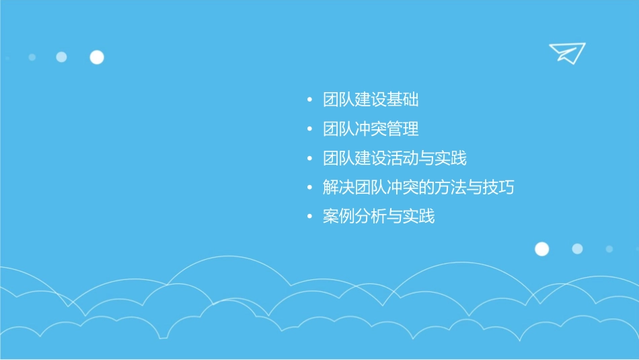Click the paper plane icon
point(566,52)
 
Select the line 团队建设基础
point(371,100)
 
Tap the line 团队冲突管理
point(371,129)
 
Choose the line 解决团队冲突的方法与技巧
point(418,187)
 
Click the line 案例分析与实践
point(379,217)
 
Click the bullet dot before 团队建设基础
point(309,101)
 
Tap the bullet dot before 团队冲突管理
point(309,129)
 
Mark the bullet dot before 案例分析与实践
point(309,217)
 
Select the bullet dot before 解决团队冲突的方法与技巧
point(309,188)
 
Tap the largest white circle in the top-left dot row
point(97,57)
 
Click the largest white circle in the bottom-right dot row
point(541,249)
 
